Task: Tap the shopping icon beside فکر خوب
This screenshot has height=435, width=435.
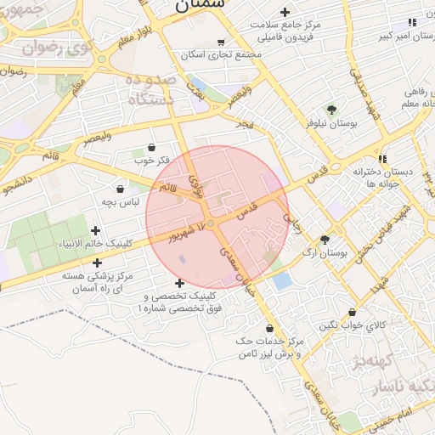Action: click(152, 147)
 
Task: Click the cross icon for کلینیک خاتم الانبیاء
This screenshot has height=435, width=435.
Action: click(95, 230)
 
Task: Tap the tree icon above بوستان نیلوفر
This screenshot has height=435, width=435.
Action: click(331, 110)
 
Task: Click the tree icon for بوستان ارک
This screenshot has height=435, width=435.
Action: click(324, 240)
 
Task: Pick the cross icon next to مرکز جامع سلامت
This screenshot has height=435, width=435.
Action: click(285, 12)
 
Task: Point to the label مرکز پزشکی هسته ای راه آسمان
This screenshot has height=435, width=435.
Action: click(100, 283)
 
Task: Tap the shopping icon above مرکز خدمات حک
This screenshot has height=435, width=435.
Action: click(270, 328)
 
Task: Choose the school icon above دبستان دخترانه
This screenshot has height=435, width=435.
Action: click(383, 158)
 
